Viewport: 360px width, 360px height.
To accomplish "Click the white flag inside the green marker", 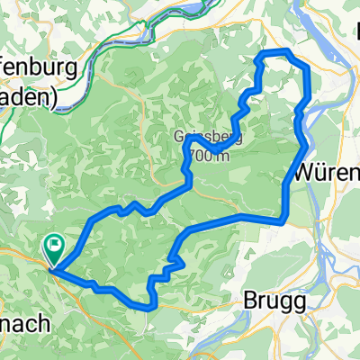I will (x=56, y=242).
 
